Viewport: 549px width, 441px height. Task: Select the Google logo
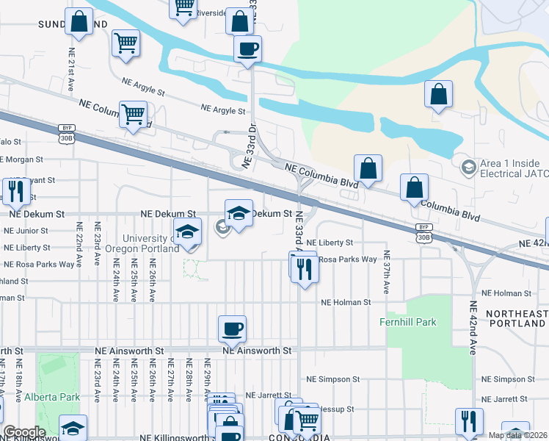point(23,433)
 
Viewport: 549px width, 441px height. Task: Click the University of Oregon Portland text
point(150,243)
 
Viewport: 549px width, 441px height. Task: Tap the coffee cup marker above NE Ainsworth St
point(232,329)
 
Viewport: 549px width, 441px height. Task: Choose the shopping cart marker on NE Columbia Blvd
point(133,114)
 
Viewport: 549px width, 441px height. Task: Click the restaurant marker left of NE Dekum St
point(15,191)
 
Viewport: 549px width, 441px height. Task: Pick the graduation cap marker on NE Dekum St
point(239,213)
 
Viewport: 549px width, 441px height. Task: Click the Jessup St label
point(338,409)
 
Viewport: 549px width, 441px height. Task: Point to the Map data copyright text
point(517,435)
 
